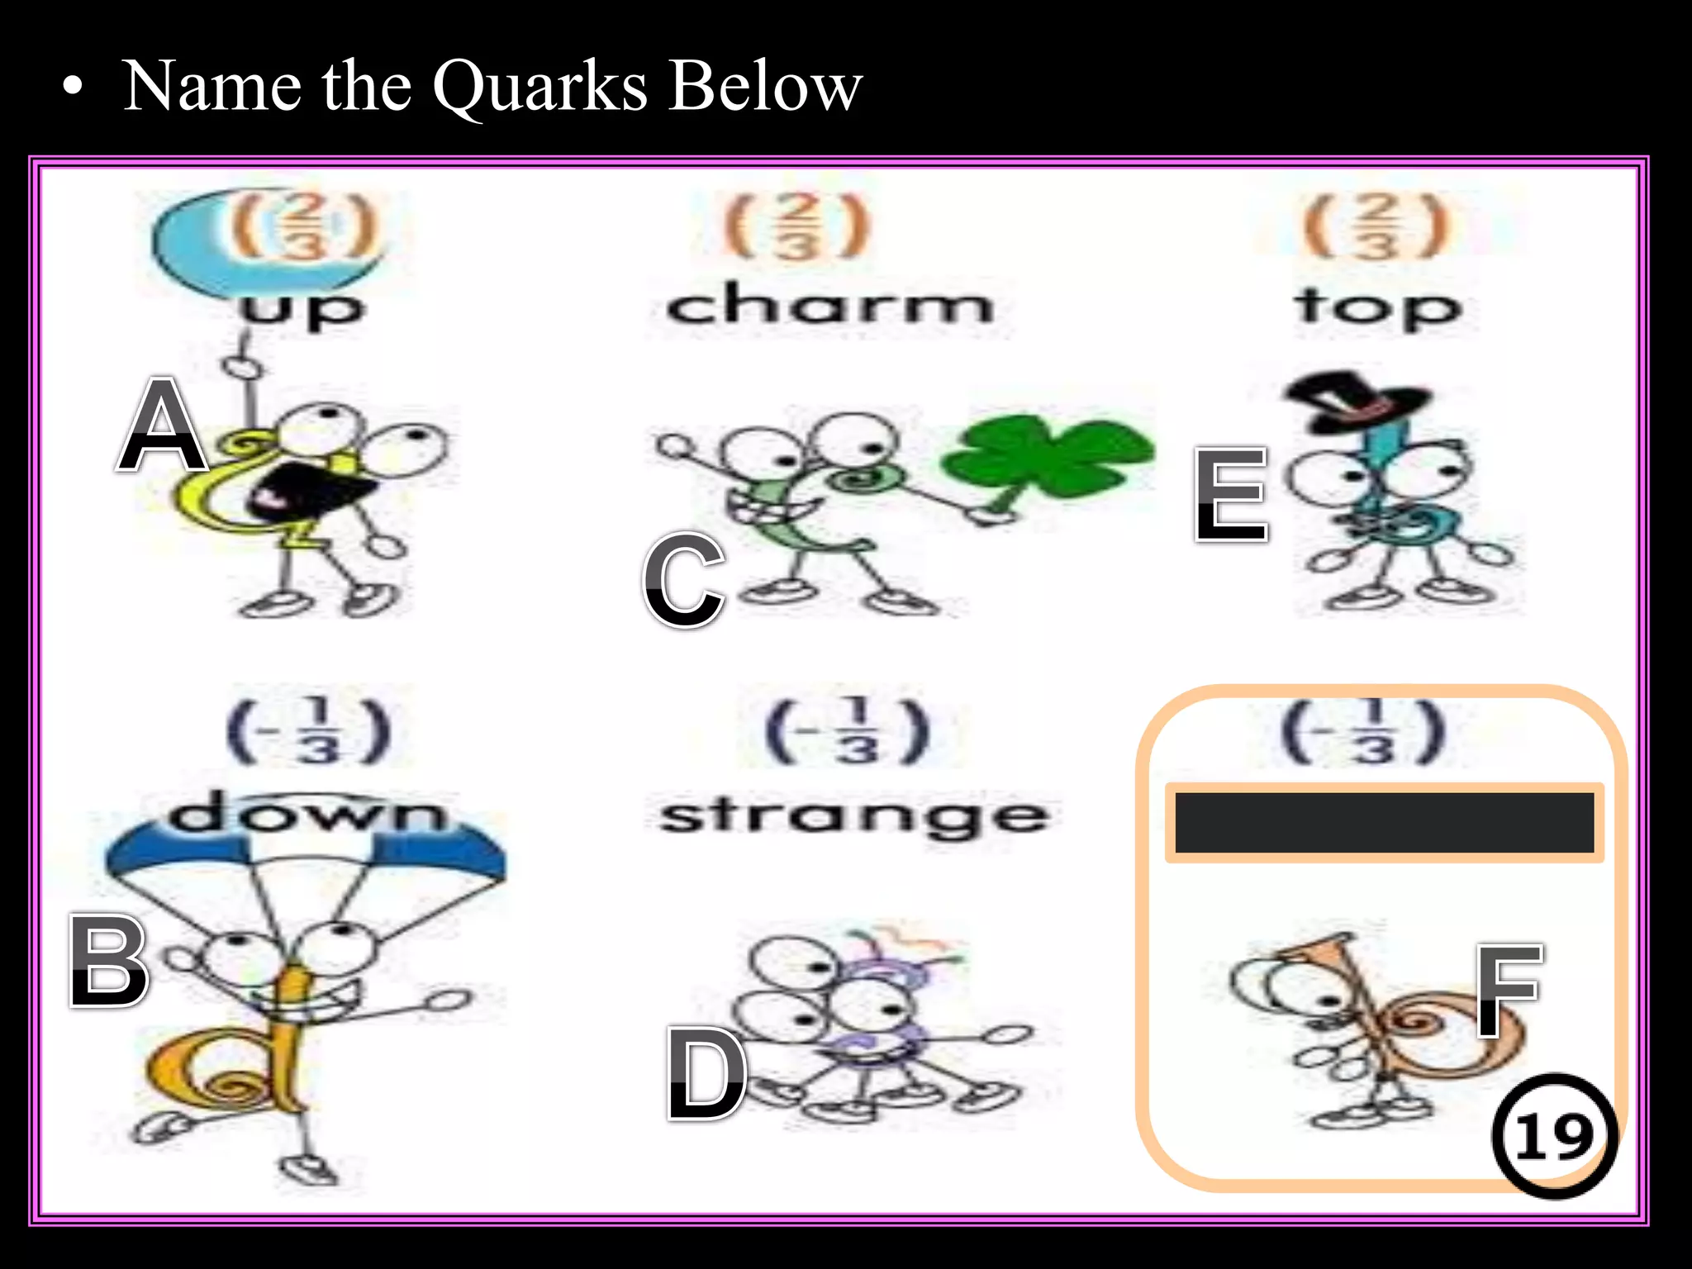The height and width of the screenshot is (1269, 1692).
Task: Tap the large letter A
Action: [x=162, y=425]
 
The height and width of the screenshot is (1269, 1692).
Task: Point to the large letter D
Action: [x=706, y=1073]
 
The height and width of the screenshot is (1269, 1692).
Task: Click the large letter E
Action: [x=1231, y=495]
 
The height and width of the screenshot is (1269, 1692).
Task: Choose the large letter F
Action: [x=1509, y=991]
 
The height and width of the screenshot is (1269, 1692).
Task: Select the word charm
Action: [x=829, y=305]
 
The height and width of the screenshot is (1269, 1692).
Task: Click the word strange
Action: [x=854, y=817]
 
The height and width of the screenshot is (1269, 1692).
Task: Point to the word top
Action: [x=1378, y=307]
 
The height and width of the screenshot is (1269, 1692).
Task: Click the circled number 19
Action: [x=1554, y=1136]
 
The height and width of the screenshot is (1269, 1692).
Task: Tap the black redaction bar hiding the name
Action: [x=1384, y=822]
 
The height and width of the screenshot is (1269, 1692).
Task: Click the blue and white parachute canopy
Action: [x=306, y=859]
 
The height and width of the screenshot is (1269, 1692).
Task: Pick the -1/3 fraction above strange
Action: [x=848, y=732]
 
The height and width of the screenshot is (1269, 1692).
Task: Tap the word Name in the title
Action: [x=212, y=86]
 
